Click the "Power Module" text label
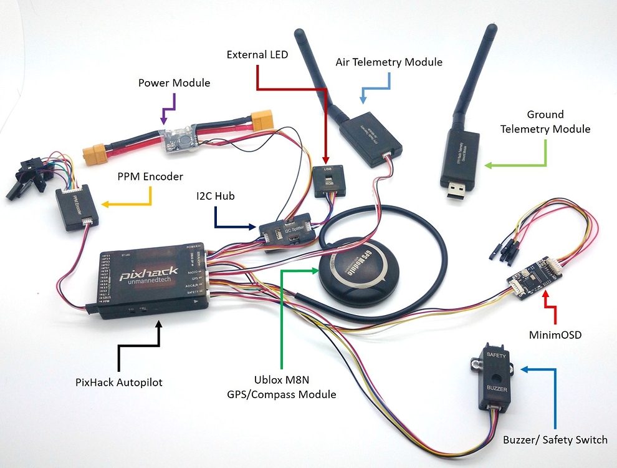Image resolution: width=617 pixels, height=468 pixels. tap(174, 82)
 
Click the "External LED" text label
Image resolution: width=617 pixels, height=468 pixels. tap(257, 55)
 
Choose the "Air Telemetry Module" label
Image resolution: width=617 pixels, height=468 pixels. tap(389, 62)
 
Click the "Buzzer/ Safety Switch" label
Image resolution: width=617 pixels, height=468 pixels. tap(555, 440)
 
